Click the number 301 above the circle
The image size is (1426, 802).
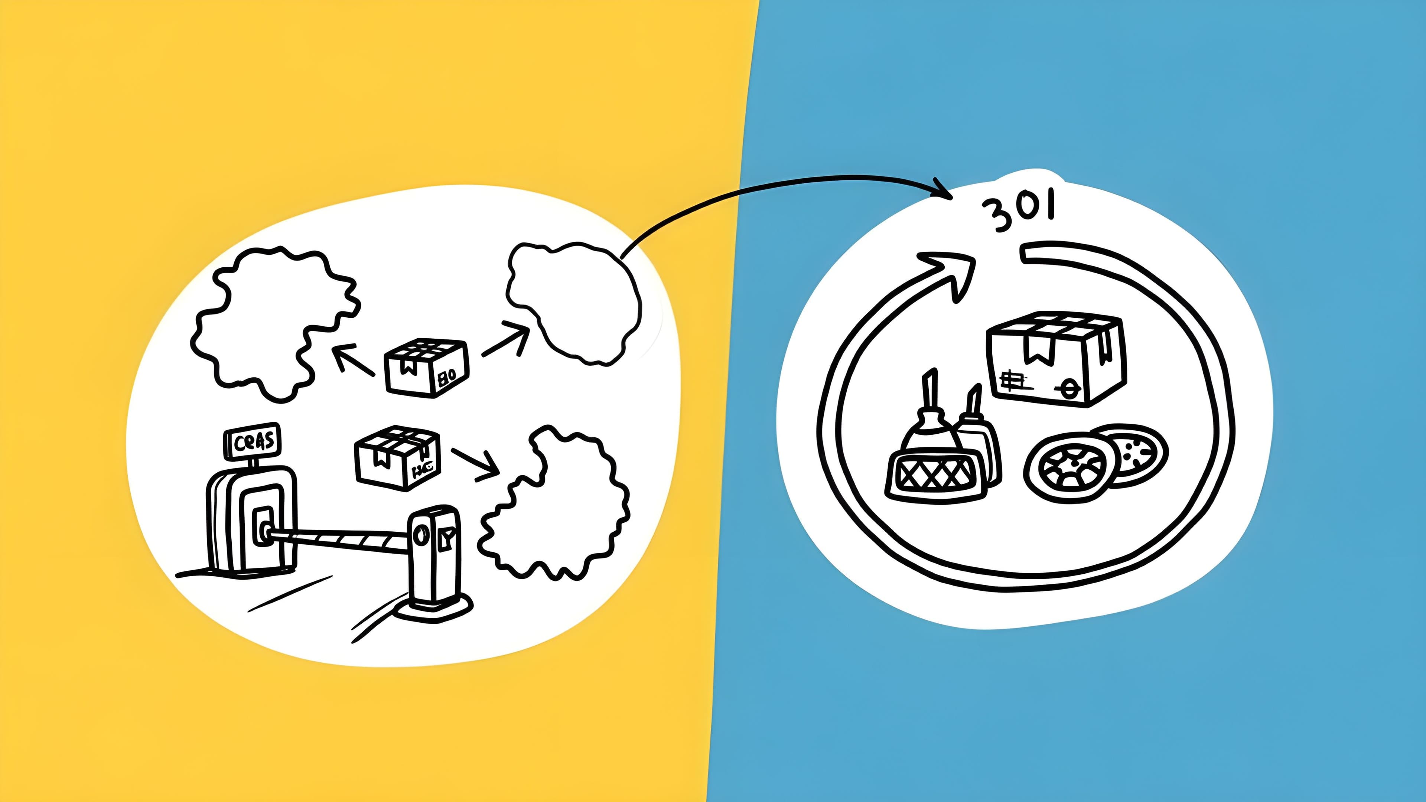point(1019,213)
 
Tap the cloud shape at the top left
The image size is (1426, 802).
point(274,321)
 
